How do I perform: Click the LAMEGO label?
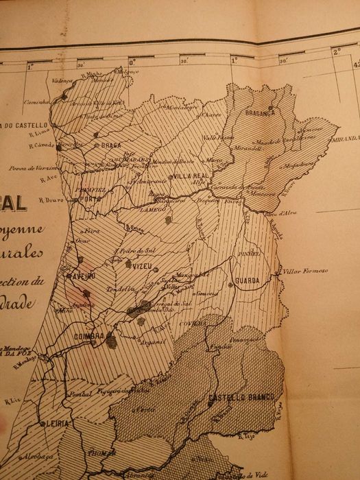pyautogui.click(x=153, y=213)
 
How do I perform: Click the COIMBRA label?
pyautogui.click(x=84, y=336)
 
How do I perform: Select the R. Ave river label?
pyautogui.click(x=48, y=178)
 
